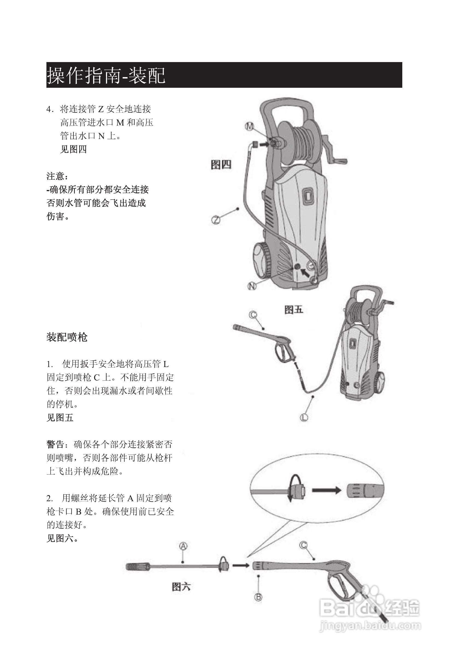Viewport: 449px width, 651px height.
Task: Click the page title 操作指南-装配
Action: click(x=106, y=75)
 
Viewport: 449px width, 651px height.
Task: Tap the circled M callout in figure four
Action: click(x=249, y=126)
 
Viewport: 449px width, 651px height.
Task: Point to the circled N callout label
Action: click(x=252, y=286)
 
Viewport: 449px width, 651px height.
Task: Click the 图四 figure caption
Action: click(x=221, y=164)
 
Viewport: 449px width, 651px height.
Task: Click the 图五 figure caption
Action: click(x=293, y=310)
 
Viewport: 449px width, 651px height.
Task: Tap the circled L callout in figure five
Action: click(x=304, y=418)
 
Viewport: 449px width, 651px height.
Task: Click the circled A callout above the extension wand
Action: click(x=183, y=546)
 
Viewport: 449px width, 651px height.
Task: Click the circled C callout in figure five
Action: click(x=253, y=315)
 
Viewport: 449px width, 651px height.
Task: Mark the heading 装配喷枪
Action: click(x=67, y=337)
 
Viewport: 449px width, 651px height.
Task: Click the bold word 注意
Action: click(x=56, y=176)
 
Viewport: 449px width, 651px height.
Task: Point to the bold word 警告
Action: click(x=56, y=445)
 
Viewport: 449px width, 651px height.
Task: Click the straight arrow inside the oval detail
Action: click(x=326, y=490)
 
